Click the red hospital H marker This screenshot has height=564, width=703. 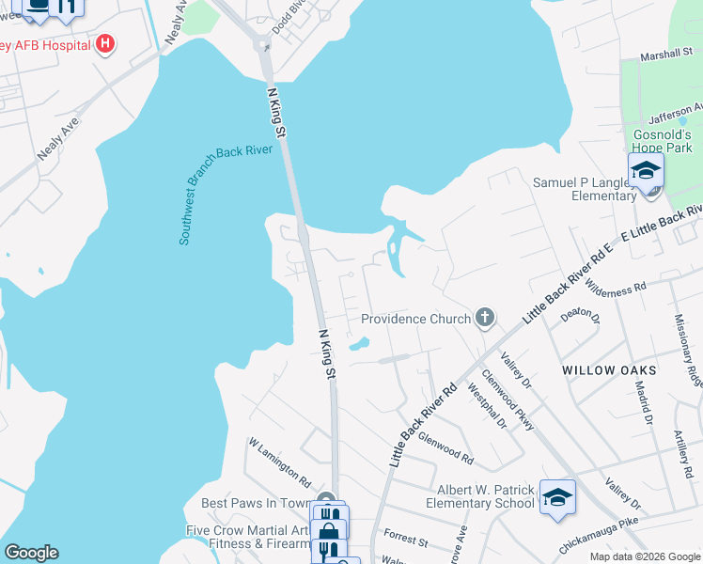(x=105, y=44)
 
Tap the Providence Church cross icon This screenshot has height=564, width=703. (x=485, y=318)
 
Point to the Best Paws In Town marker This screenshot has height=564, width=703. (x=325, y=500)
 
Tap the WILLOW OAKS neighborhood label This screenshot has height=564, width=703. (x=610, y=371)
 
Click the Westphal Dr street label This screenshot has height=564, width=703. (x=487, y=407)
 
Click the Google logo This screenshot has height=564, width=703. (x=31, y=553)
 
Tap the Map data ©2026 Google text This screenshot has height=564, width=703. (x=645, y=556)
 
